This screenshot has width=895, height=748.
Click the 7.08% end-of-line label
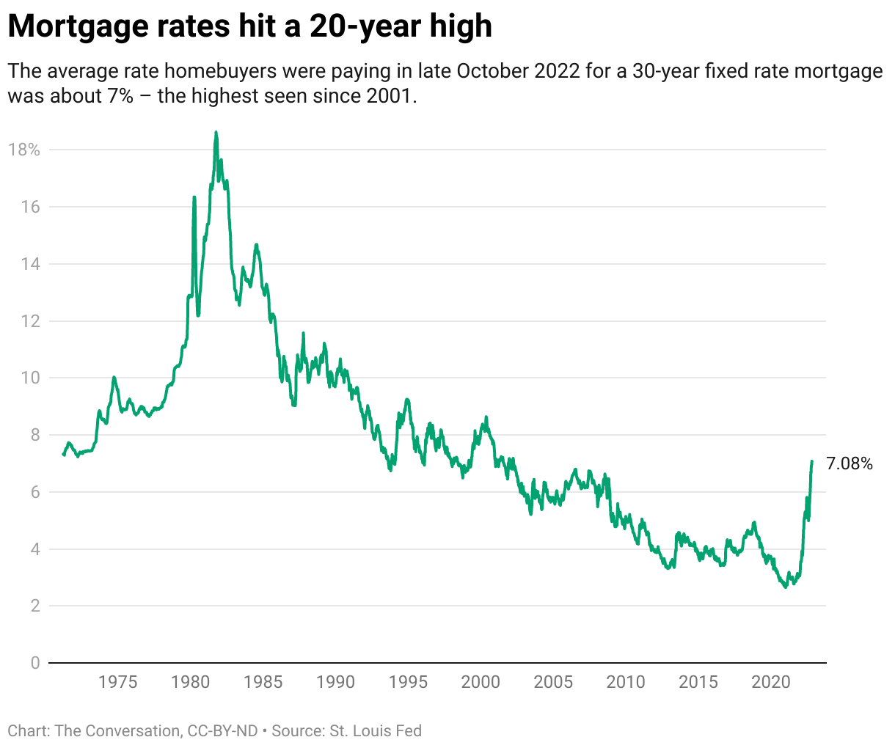point(849,463)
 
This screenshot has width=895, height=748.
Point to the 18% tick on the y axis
point(24,150)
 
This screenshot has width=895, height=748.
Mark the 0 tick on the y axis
point(34,663)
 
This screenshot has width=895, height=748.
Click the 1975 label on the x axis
point(117,682)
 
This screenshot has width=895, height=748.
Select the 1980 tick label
point(190,682)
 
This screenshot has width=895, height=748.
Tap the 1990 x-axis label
point(335,682)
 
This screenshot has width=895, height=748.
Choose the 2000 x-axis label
point(481,682)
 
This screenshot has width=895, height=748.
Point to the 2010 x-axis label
point(626,682)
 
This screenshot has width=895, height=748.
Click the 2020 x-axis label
point(770,682)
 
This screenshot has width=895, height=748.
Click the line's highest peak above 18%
point(216,133)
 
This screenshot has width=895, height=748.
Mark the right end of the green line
point(811,461)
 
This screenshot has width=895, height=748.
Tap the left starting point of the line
point(63,455)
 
